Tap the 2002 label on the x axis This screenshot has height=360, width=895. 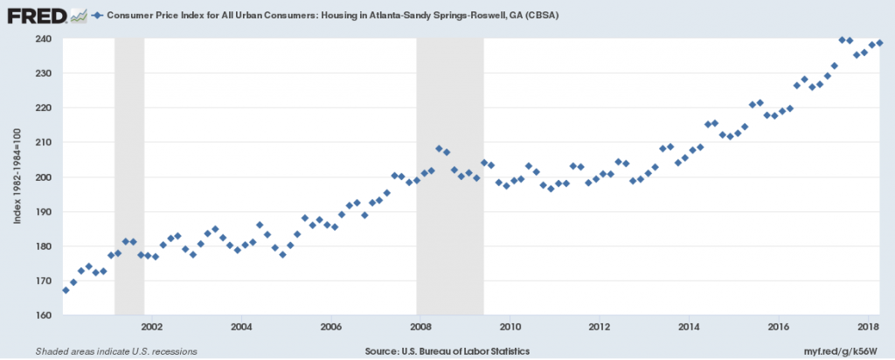pos(151,328)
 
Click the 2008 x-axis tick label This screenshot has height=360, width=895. pos(420,328)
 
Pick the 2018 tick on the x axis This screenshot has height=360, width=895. pos(868,328)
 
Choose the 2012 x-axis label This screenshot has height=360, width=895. pos(599,328)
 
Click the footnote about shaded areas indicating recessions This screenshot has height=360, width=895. pos(115,351)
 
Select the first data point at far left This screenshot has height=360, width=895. pos(66,290)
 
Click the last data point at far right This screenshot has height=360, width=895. pos(879,43)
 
